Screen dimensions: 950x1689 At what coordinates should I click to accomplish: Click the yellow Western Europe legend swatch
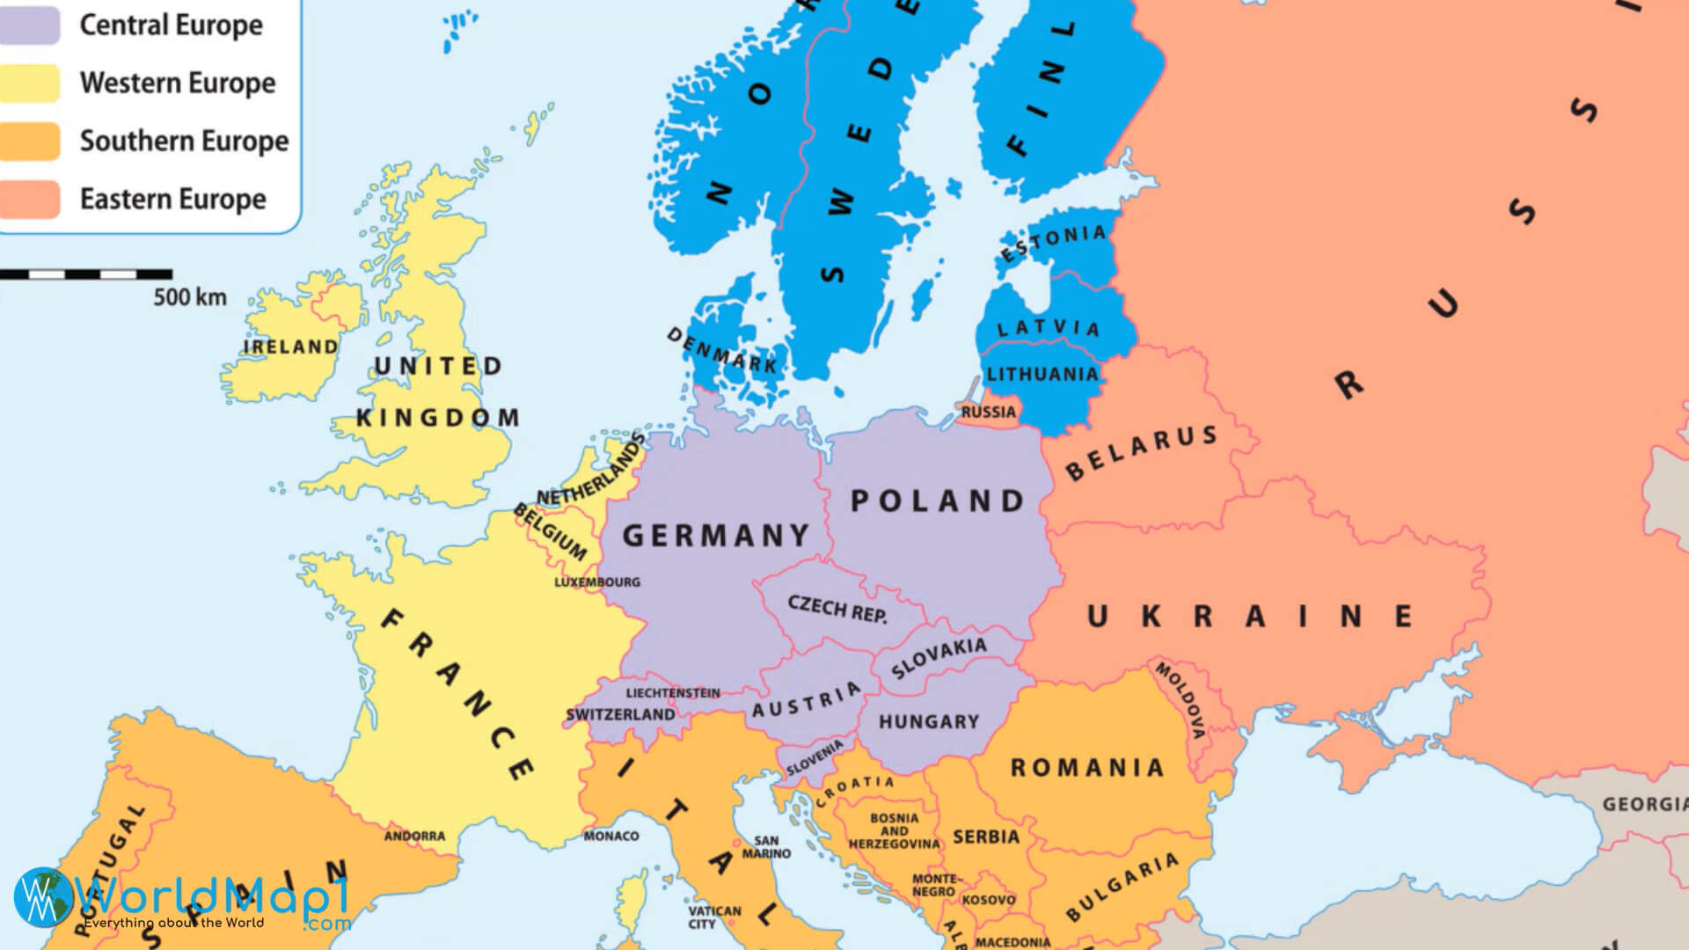[x=29, y=83]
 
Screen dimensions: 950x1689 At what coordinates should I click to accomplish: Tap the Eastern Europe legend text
[x=172, y=199]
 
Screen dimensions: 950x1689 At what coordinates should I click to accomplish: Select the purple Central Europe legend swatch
[x=29, y=26]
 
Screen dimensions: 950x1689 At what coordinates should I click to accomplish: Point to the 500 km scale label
[x=190, y=297]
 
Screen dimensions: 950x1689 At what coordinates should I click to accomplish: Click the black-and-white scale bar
[x=85, y=274]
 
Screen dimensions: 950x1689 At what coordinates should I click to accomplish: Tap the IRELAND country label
[x=290, y=347]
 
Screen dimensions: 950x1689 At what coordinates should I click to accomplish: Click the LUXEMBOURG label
[x=597, y=582]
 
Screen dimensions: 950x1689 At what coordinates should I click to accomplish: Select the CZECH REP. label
[x=837, y=609]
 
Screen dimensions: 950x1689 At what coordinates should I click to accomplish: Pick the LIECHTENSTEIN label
[x=673, y=693]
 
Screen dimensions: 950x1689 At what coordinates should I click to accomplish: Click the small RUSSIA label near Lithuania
[x=988, y=412]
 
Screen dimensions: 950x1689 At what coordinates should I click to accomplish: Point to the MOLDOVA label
[x=1181, y=699]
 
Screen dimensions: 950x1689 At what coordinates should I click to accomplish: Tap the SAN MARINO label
[x=766, y=847]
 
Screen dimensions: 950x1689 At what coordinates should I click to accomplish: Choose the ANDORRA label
[x=414, y=836]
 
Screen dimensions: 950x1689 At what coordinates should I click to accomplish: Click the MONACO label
[x=611, y=836]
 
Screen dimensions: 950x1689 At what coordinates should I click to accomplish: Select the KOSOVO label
[x=989, y=900]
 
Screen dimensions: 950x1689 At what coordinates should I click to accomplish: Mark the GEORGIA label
[x=1643, y=804]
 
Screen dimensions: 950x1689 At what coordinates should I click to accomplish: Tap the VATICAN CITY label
[x=714, y=917]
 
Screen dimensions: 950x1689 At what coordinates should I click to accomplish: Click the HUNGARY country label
[x=928, y=721]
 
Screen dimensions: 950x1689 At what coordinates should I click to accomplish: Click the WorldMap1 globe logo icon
[x=42, y=897]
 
